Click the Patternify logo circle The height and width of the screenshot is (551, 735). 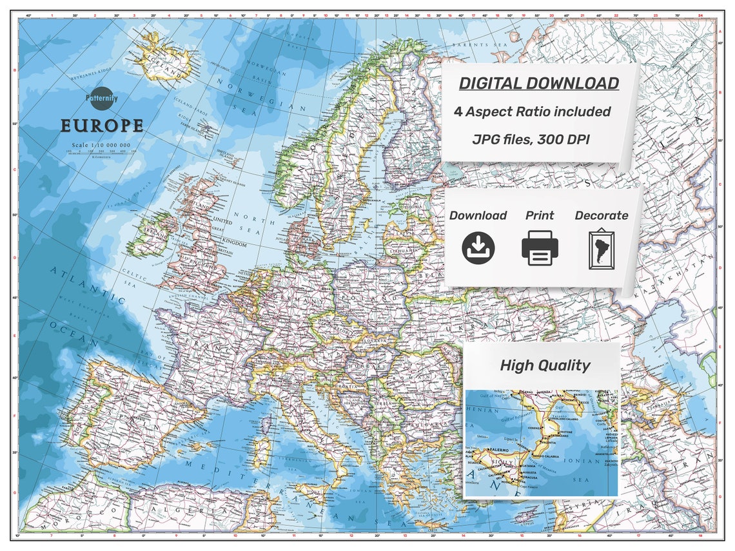click(102, 99)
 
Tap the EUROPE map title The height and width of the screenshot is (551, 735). click(102, 125)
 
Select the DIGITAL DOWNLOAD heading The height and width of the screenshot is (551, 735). click(538, 83)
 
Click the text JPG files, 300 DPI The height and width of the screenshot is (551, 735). click(531, 139)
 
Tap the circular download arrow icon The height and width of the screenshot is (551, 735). click(478, 247)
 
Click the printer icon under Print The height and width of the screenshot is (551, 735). click(540, 247)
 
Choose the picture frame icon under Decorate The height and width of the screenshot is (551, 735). click(601, 248)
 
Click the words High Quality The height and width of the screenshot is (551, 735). click(545, 365)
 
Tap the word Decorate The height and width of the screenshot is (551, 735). click(601, 215)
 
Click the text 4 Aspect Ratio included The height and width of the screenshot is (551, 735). click(532, 111)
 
